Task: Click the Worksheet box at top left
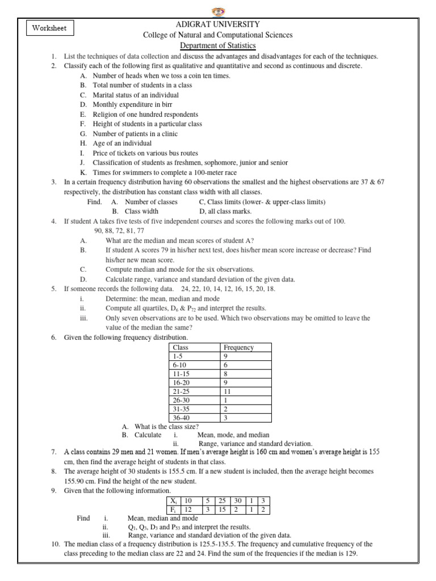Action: [x=49, y=28]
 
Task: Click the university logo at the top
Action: [x=218, y=11]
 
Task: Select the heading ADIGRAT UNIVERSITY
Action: [x=218, y=24]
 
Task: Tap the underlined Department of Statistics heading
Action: [x=218, y=45]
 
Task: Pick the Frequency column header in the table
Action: [x=238, y=347]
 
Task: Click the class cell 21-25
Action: [x=181, y=391]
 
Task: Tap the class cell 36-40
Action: [x=181, y=418]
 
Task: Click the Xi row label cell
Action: [x=172, y=500]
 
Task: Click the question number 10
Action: [x=54, y=544]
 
